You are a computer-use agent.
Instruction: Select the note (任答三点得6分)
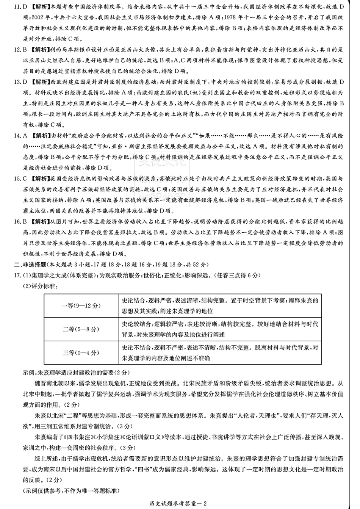click(237, 276)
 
